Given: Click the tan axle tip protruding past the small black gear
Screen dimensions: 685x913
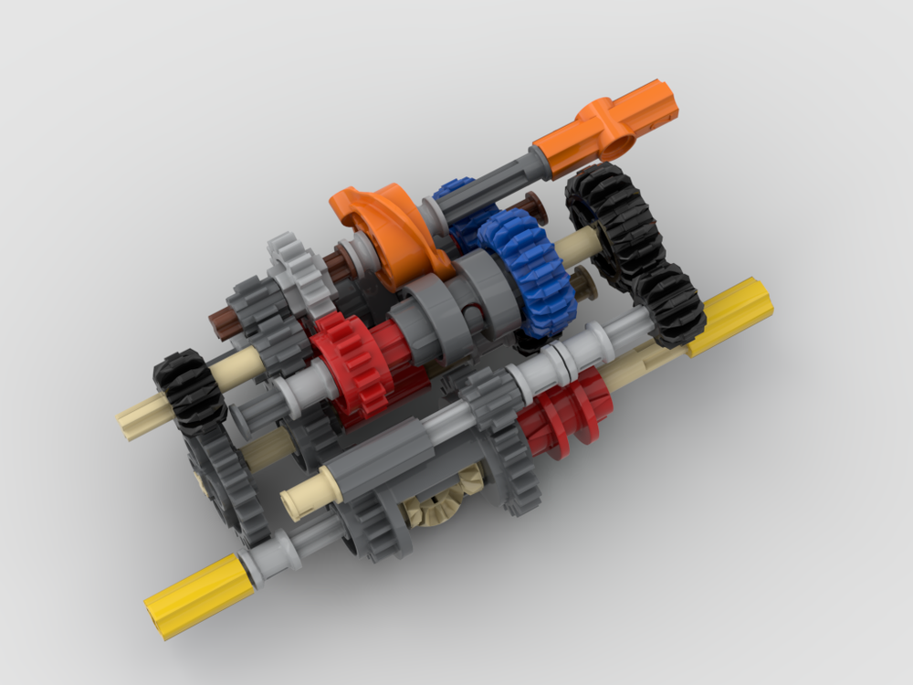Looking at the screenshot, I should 135,421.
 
